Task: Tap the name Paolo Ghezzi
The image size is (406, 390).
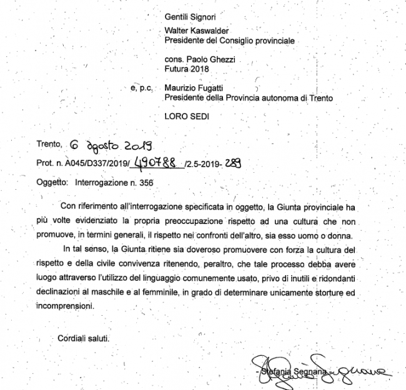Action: [x=215, y=59]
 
